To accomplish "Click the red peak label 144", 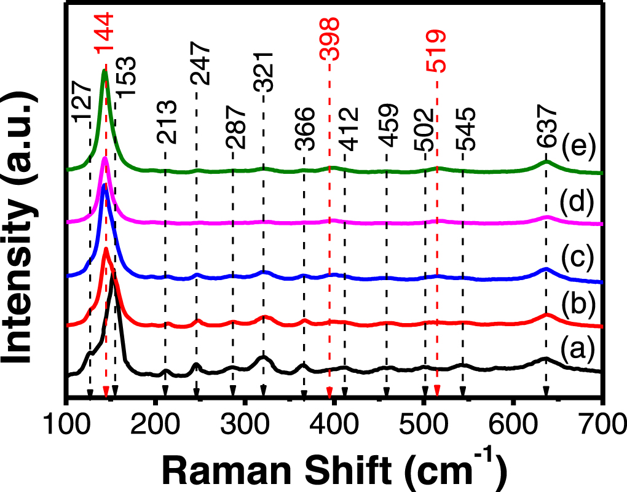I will tap(104, 33).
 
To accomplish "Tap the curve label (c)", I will tap(578, 256).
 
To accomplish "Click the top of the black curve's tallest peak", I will tap(113, 273).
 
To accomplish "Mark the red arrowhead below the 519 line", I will tap(437, 391).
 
